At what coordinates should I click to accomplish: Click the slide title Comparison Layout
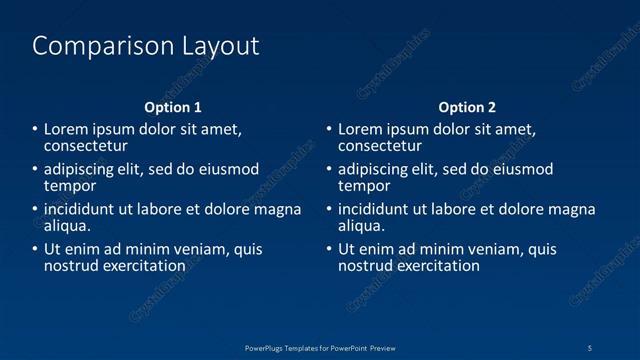click(146, 46)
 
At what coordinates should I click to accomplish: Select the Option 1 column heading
click(173, 107)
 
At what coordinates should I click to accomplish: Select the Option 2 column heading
click(467, 107)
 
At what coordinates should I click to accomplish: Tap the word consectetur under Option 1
click(87, 146)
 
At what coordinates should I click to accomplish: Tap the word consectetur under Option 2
click(380, 146)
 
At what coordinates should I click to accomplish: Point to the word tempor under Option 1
click(70, 186)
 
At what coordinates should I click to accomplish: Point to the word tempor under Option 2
click(364, 186)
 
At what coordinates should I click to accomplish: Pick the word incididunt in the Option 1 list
click(81, 210)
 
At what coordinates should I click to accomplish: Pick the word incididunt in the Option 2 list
click(375, 210)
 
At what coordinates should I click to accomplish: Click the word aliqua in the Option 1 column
click(67, 226)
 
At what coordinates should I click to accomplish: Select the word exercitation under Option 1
click(140, 266)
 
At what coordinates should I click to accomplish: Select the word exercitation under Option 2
click(434, 266)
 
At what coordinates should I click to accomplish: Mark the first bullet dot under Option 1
click(35, 130)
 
